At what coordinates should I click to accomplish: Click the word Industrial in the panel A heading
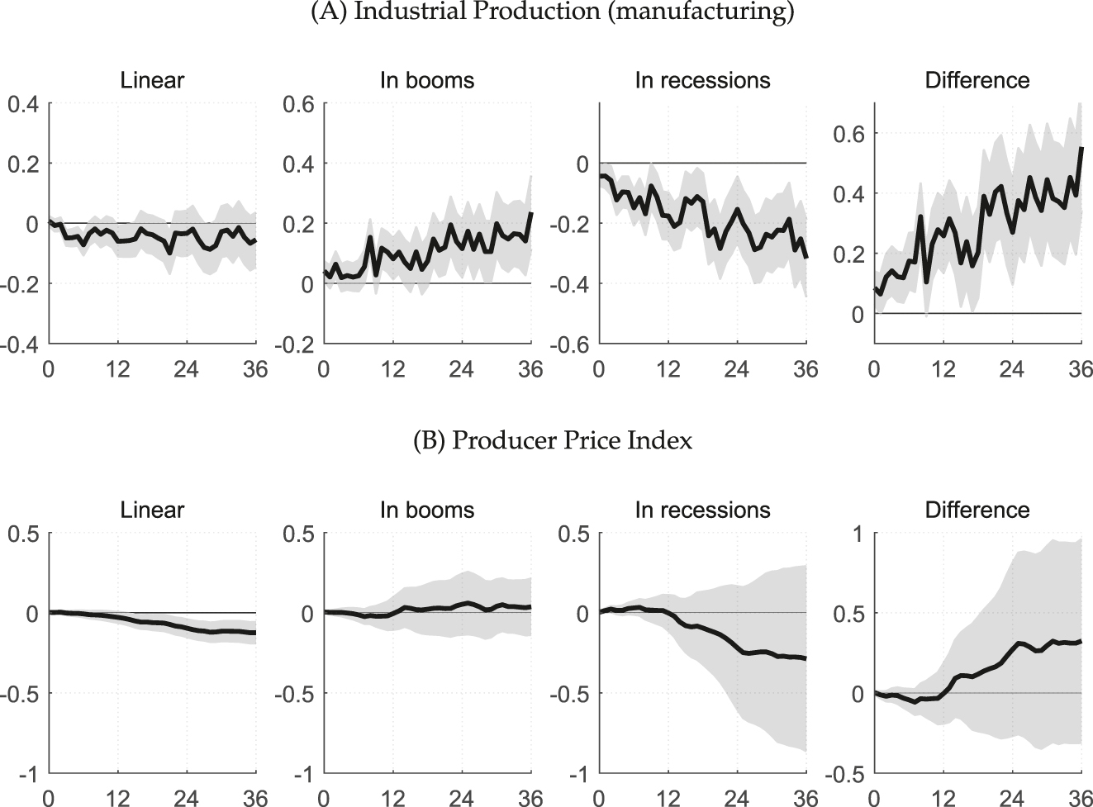pyautogui.click(x=382, y=14)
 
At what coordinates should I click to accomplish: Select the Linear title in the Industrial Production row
pyautogui.click(x=152, y=80)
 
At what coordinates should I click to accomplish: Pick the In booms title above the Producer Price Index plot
pyautogui.click(x=427, y=510)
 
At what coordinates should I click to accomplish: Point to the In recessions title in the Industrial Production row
pyautogui.click(x=702, y=80)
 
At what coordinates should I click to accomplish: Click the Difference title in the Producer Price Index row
pyautogui.click(x=977, y=510)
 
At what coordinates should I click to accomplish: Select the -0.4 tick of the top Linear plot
pyautogui.click(x=22, y=344)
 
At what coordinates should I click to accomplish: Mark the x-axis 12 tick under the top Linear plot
pyautogui.click(x=118, y=369)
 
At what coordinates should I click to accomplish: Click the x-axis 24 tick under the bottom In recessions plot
pyautogui.click(x=737, y=798)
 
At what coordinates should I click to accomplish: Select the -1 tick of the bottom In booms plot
pyautogui.click(x=304, y=774)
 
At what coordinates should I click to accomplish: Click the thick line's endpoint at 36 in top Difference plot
pyautogui.click(x=1081, y=148)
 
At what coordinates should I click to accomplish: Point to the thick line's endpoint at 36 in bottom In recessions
pyautogui.click(x=806, y=658)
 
